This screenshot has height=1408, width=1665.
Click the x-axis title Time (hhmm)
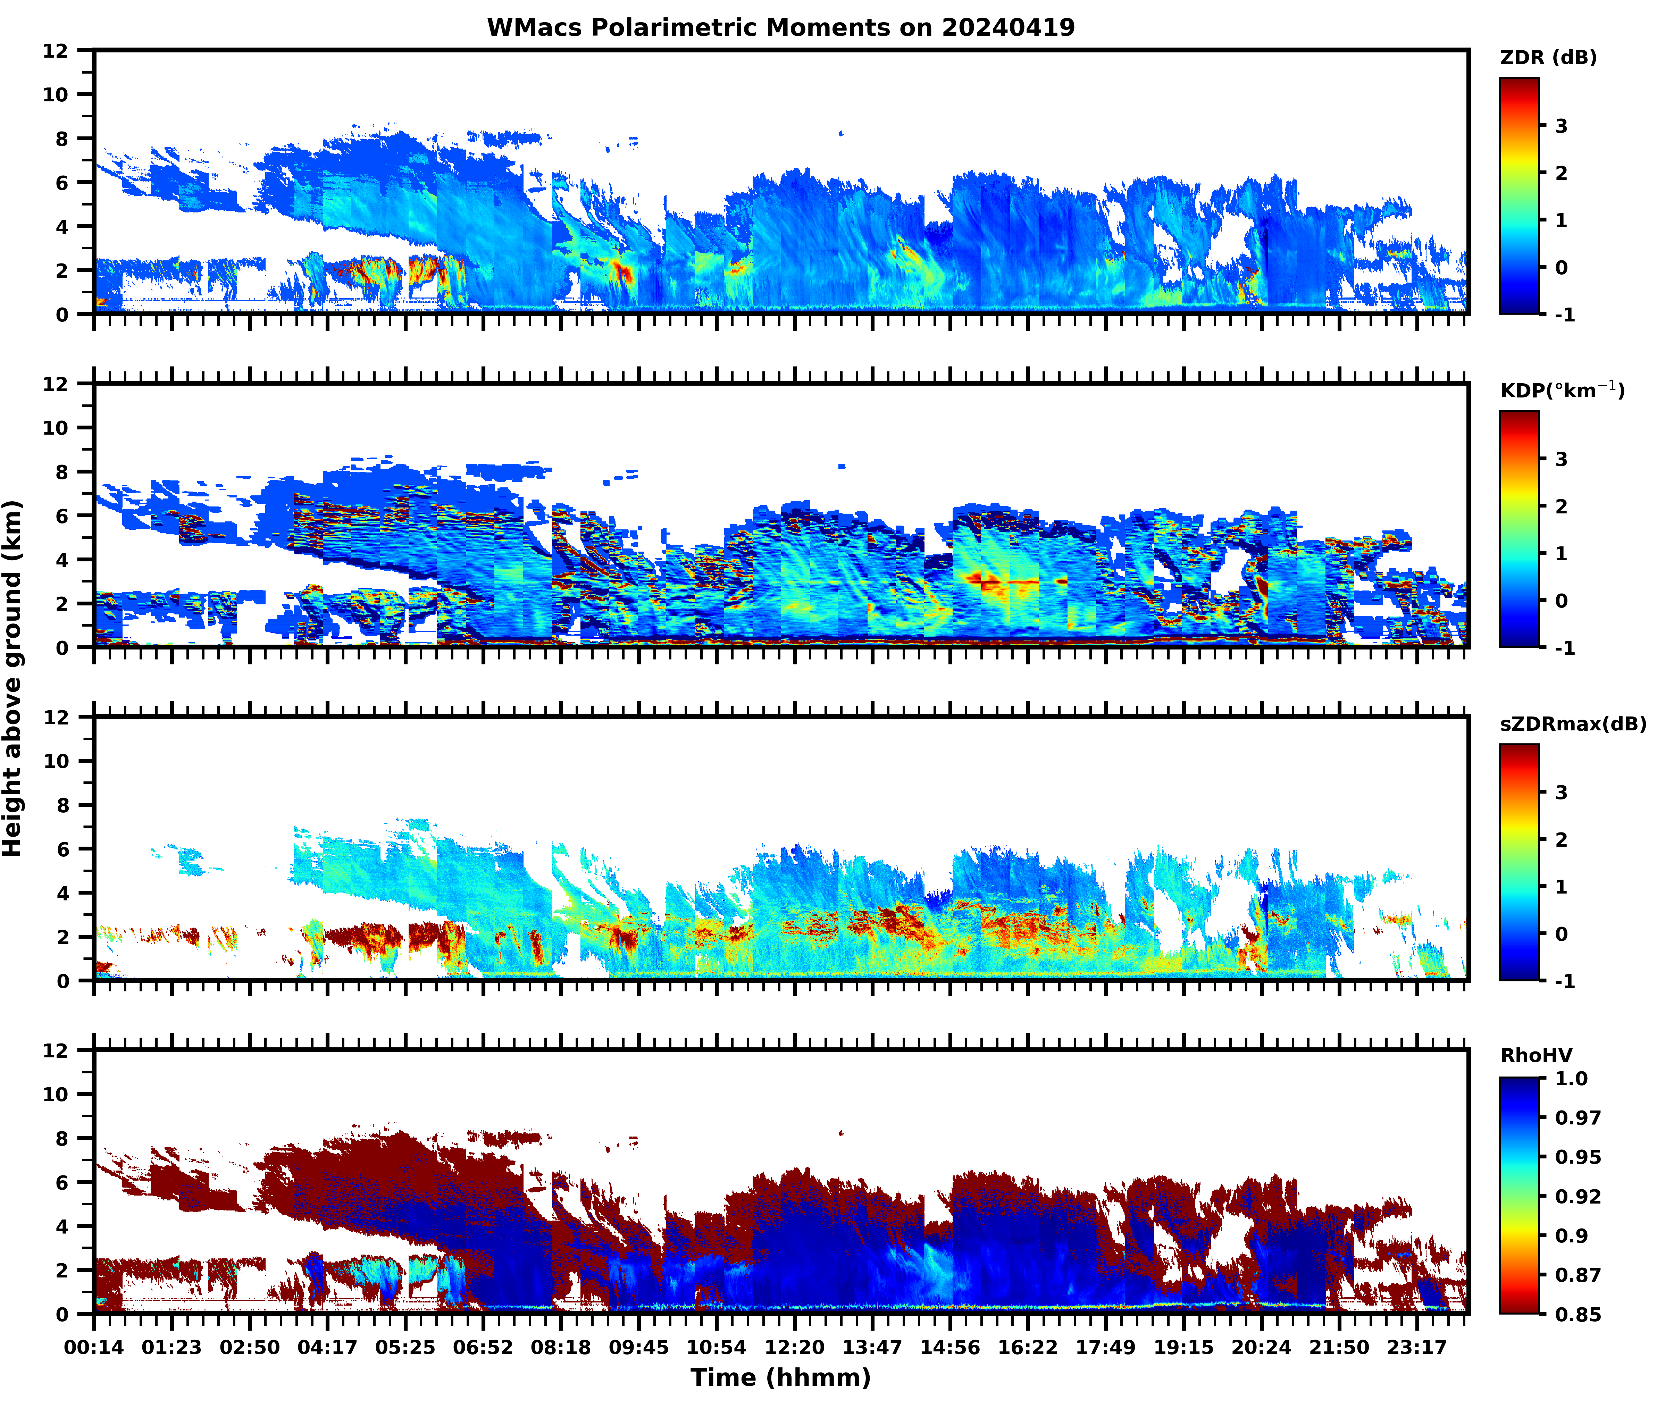[781, 1377]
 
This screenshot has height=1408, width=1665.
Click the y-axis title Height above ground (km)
[13, 678]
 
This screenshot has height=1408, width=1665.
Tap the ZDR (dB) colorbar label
[1548, 58]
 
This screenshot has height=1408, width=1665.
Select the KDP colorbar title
[1561, 390]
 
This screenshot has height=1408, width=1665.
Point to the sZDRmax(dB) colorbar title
[1572, 724]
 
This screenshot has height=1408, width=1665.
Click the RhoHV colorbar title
[1536, 1055]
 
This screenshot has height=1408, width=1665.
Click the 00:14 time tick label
[94, 1347]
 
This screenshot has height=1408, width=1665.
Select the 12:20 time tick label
[794, 1347]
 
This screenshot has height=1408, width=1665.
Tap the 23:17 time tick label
[1417, 1347]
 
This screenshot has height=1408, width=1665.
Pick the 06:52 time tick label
[483, 1347]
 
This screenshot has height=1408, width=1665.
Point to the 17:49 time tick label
[1105, 1347]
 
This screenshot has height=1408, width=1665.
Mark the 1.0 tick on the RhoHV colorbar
[1571, 1078]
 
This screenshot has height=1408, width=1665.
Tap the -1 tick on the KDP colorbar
[1564, 647]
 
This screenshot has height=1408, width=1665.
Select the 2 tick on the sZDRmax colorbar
[1561, 839]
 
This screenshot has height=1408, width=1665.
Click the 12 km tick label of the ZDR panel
[56, 50]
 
